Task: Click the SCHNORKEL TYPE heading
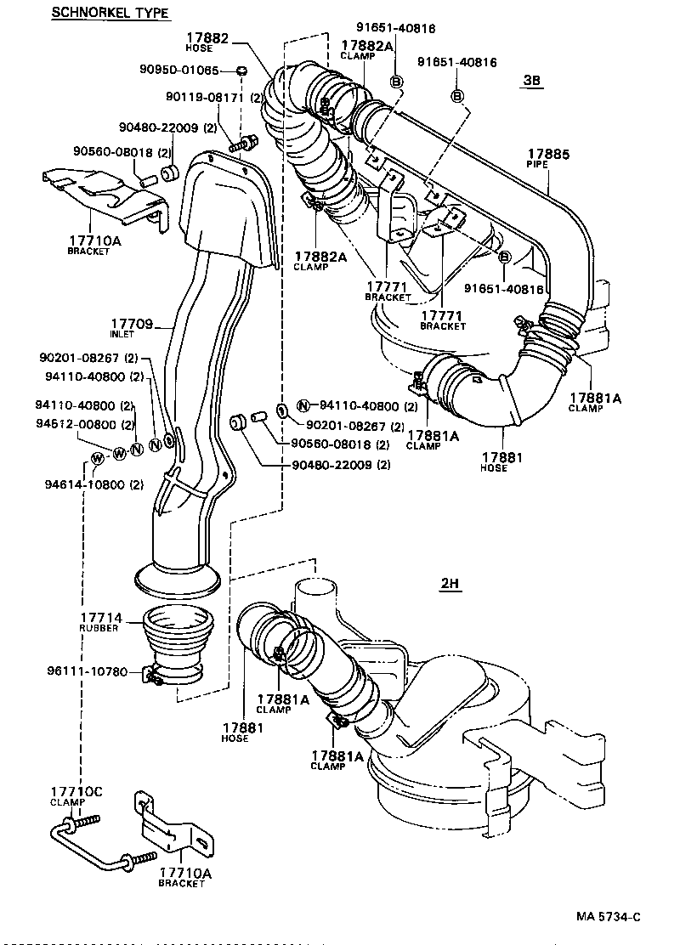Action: point(110,12)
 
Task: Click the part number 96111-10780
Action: point(88,671)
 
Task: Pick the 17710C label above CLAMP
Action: point(76,792)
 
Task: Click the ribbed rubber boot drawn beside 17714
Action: point(178,642)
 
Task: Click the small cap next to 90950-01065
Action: point(241,70)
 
